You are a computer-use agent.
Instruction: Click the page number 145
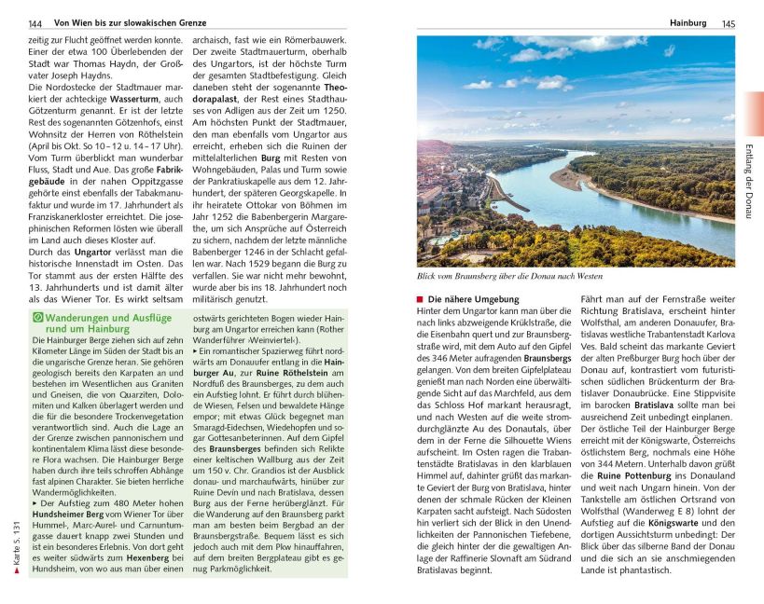729,22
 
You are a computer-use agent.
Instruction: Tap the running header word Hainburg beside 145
688,22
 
